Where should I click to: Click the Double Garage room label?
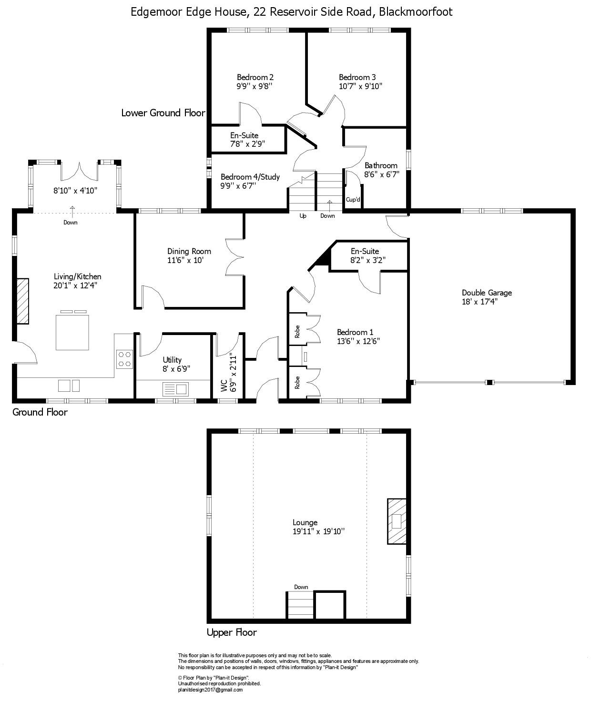pyautogui.click(x=487, y=293)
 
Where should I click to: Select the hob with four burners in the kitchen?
pyautogui.click(x=124, y=358)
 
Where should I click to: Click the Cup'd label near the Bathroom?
pyautogui.click(x=353, y=200)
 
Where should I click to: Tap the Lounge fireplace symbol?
pyautogui.click(x=397, y=521)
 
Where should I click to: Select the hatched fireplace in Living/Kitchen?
pyautogui.click(x=22, y=301)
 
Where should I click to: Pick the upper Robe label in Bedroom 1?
pyautogui.click(x=297, y=332)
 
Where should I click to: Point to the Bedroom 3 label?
pyautogui.click(x=357, y=77)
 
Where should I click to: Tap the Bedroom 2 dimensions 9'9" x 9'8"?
pyautogui.click(x=255, y=86)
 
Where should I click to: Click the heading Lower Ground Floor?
pyautogui.click(x=163, y=113)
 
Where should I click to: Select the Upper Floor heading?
pyautogui.click(x=232, y=632)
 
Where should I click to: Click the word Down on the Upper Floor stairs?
pyautogui.click(x=301, y=587)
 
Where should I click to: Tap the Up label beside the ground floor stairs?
pyautogui.click(x=303, y=216)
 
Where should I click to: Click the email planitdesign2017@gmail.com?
pyautogui.click(x=210, y=690)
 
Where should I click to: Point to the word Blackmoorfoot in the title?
pyautogui.click(x=415, y=12)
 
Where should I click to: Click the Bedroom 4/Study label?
pyautogui.click(x=250, y=177)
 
